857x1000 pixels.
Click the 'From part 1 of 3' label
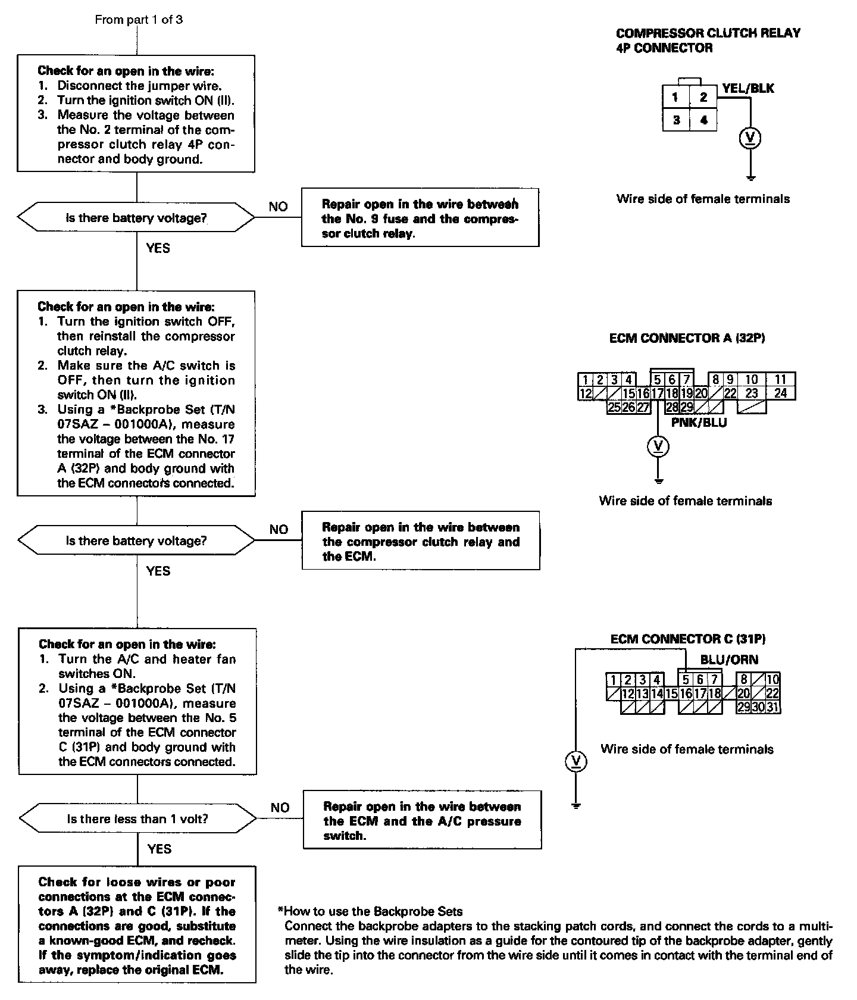139,20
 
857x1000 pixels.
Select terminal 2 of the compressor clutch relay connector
703,97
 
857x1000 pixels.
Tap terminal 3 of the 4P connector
676,120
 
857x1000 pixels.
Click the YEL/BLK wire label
748,89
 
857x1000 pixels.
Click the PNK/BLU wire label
699,423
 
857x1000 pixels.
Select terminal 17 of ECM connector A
657,393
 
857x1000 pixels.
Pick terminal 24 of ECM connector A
780,393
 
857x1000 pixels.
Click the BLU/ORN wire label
729,660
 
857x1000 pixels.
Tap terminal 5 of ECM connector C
686,680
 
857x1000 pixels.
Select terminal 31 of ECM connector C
773,708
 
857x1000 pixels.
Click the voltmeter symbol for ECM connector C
575,761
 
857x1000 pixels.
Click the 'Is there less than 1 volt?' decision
137,819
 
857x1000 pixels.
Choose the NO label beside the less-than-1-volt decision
280,808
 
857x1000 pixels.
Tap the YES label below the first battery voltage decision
158,248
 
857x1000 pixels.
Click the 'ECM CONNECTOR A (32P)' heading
687,338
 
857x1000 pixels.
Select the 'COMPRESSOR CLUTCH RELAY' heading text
708,33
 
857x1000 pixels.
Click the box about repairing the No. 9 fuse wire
420,218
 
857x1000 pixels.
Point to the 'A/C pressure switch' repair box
422,821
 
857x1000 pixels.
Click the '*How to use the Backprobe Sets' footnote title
370,911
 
